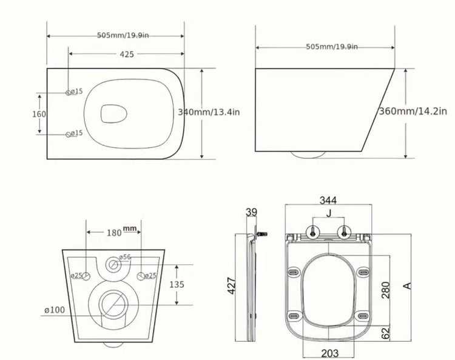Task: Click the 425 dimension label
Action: click(126, 55)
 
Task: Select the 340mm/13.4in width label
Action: click(209, 112)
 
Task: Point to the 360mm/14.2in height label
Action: click(413, 111)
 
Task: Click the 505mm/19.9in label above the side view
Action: click(332, 47)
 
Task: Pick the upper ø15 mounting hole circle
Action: click(68, 92)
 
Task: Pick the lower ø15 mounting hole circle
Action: click(68, 133)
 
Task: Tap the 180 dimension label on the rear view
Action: click(113, 233)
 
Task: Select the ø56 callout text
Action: click(126, 258)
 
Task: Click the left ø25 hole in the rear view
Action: click(86, 276)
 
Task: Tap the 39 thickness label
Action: click(252, 212)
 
